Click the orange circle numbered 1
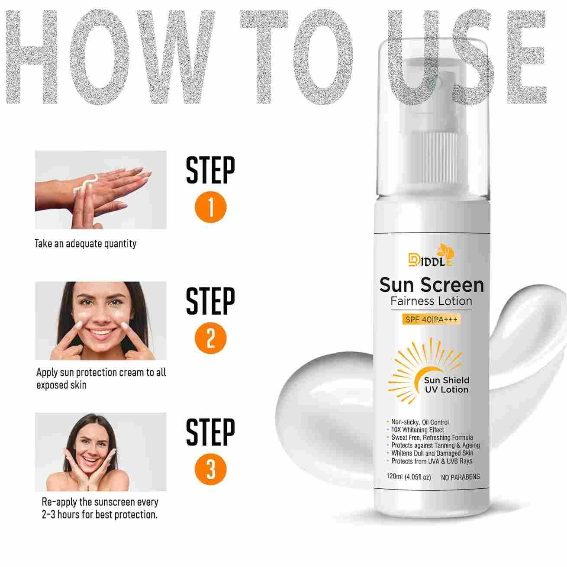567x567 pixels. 211,207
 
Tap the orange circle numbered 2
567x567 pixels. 211,338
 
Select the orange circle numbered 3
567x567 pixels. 211,469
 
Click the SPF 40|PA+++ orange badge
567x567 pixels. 431,319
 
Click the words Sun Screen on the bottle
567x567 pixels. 432,285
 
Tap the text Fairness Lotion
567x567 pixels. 432,301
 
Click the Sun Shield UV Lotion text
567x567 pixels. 446,385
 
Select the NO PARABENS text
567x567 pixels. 460,477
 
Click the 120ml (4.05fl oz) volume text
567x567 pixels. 409,477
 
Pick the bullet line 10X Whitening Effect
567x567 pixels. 417,430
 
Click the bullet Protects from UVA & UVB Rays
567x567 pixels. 430,461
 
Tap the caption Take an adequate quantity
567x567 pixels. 85,244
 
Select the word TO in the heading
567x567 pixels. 296,57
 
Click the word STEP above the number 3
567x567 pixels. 210,432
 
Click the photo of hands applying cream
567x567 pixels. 100,190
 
